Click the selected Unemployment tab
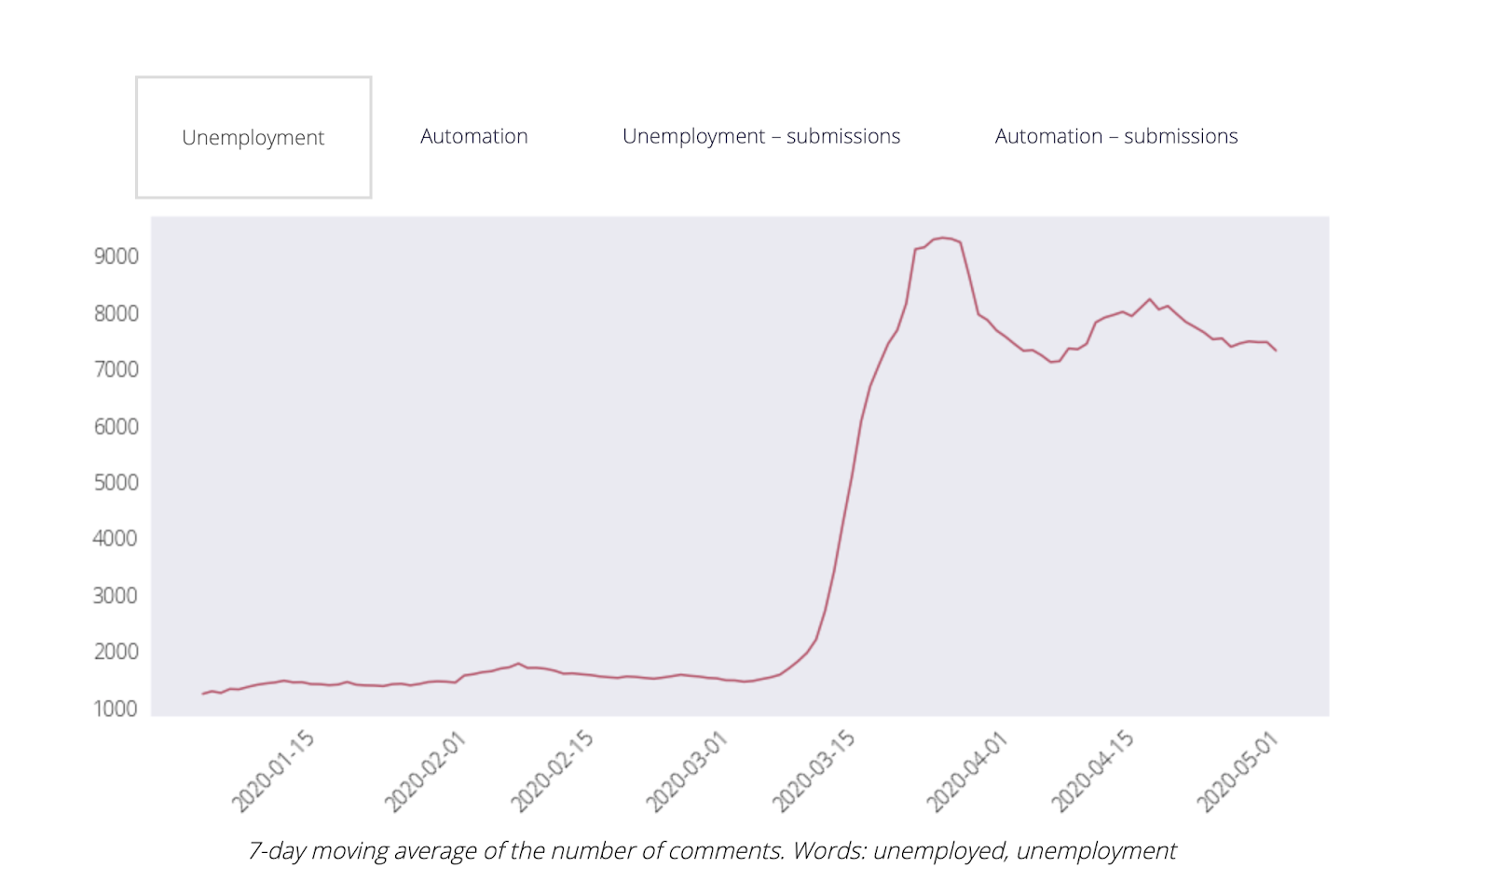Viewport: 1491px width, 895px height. pos(253,138)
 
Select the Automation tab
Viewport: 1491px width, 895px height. pos(473,136)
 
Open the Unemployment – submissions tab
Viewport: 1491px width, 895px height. pos(760,136)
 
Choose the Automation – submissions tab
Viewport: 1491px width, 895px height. pos(1115,136)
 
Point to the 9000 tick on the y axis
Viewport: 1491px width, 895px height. pos(116,256)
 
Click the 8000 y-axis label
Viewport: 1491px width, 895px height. pos(116,313)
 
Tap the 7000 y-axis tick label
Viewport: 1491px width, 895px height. pos(116,369)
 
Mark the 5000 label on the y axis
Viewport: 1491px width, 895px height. pos(116,482)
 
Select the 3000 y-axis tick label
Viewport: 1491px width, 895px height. pos(116,595)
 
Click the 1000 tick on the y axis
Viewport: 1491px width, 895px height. pos(116,709)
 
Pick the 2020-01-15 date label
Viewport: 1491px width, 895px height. pos(273,772)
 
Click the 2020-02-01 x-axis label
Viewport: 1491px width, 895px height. pos(425,772)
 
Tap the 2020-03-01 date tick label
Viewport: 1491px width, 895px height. pos(687,772)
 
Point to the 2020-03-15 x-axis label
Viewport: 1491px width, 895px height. pos(814,772)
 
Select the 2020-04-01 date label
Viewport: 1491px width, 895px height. pos(966,772)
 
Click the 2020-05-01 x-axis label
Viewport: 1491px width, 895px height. pos(1238,772)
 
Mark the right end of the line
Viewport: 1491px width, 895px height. pos(1275,351)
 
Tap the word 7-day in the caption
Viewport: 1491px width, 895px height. pos(277,851)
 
